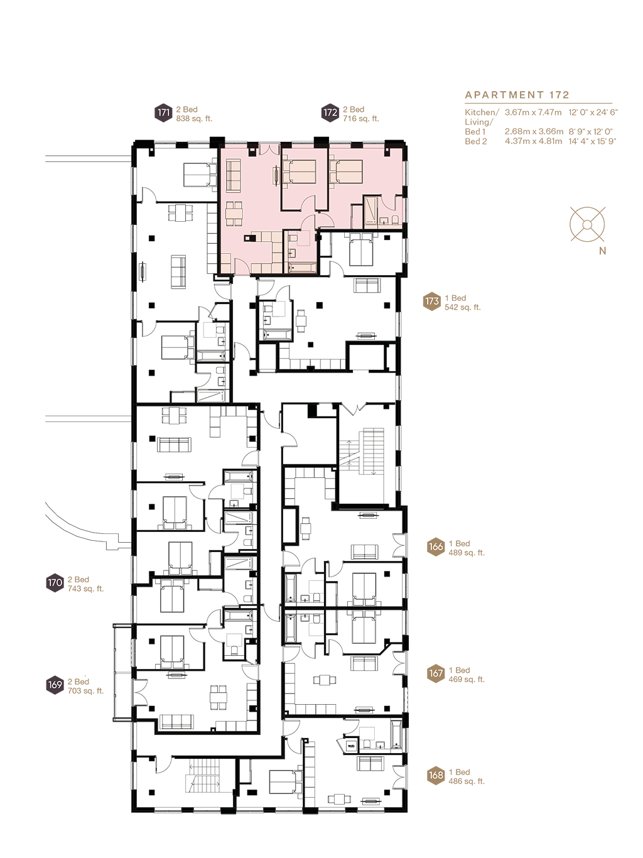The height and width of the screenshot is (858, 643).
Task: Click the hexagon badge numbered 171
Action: [x=164, y=113]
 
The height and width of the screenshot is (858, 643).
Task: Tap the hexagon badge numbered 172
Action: [x=330, y=113]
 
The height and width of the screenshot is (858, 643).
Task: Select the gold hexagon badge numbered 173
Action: [x=432, y=302]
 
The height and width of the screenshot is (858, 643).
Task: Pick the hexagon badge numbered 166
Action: [x=436, y=547]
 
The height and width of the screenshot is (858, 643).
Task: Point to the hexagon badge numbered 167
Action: [x=436, y=674]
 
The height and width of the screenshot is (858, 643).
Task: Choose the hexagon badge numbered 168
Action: [x=436, y=776]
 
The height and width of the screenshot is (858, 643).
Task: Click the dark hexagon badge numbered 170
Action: [x=55, y=583]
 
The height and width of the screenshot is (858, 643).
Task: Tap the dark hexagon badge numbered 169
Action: [x=55, y=685]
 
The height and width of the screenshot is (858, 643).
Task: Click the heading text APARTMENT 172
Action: [x=517, y=95]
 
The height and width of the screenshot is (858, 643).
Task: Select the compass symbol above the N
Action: [x=588, y=224]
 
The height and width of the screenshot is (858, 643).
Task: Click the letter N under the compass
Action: [x=603, y=251]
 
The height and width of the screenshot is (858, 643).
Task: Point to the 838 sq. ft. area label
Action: [x=194, y=119]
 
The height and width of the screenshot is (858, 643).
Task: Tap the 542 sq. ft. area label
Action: [x=462, y=308]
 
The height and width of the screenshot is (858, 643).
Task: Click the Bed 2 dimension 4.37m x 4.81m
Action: [x=533, y=141]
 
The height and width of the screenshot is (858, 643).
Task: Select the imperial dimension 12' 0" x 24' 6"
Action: [x=593, y=112]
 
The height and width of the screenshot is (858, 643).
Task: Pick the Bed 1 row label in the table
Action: [x=475, y=132]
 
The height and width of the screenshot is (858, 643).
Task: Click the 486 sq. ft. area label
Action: [x=466, y=781]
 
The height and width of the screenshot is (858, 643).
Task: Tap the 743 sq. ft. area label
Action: [x=85, y=589]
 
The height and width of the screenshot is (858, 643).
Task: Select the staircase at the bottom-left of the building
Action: [x=203, y=777]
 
